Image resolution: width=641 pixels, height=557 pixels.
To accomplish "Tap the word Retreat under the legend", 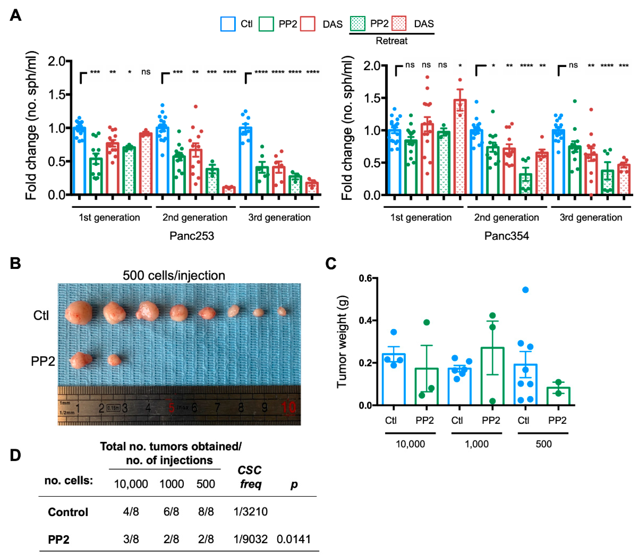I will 391,41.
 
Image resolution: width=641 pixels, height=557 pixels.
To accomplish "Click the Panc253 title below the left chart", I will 192,236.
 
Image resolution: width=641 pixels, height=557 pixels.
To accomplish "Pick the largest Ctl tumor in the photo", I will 79,313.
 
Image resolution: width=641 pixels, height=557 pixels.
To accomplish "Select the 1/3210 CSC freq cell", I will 250,512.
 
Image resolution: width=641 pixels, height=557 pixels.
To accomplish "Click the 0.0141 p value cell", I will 293,539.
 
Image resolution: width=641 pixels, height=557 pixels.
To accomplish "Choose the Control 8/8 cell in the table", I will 206,512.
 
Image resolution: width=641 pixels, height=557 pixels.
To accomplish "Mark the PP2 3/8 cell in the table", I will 131,539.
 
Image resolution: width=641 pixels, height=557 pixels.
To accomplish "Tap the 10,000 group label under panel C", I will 410,444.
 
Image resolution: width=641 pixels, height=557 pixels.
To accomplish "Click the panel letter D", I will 16,455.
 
